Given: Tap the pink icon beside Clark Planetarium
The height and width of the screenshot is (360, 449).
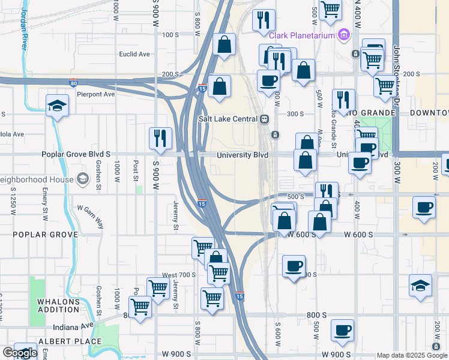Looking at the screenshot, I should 344,35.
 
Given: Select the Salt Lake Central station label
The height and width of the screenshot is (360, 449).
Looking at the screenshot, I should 228,119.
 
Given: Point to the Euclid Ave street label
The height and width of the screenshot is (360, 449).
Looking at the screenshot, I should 134,54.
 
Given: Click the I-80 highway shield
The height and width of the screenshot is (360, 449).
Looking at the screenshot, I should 73,83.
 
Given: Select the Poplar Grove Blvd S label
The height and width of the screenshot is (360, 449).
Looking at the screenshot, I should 76,154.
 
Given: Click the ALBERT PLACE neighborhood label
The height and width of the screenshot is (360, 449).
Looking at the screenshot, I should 62,341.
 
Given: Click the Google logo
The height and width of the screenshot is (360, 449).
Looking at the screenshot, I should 20,353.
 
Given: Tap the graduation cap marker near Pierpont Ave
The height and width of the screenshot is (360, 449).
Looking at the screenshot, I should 58,106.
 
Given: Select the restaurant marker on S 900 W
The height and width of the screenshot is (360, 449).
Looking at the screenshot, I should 160,139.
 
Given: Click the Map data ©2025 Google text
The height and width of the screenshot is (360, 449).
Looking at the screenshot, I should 412,355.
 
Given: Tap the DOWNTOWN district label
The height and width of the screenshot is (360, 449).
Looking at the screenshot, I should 429,113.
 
